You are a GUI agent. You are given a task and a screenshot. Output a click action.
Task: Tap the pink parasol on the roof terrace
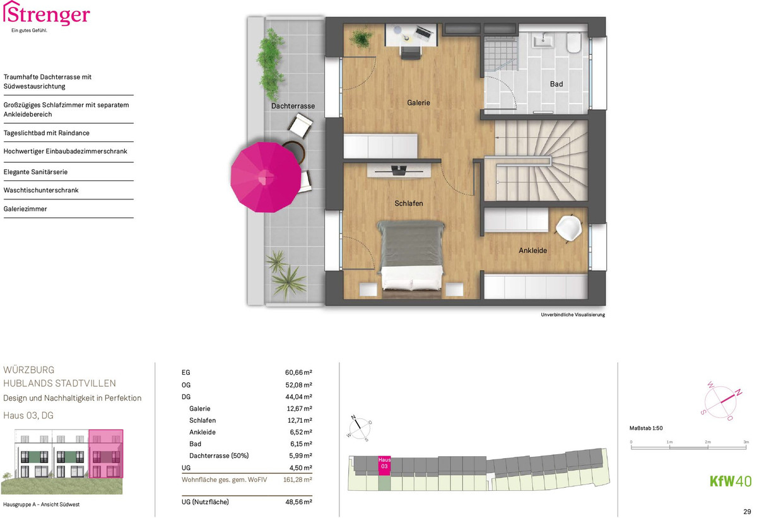click(266, 177)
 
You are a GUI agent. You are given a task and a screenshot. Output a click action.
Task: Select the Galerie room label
click(418, 103)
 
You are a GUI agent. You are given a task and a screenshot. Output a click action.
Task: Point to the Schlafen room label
click(409, 203)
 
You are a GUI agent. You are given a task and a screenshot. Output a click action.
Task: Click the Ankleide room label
click(532, 250)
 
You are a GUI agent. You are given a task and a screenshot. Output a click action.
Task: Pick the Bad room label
click(556, 84)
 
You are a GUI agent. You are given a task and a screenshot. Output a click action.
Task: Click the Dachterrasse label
click(293, 106)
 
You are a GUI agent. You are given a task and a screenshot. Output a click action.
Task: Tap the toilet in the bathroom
click(573, 42)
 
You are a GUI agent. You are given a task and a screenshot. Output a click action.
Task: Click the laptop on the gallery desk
click(424, 32)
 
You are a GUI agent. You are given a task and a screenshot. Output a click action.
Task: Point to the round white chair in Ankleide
click(569, 228)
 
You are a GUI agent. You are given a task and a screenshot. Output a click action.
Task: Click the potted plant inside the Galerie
click(361, 38)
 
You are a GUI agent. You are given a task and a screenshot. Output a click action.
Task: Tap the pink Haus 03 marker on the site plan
click(384, 466)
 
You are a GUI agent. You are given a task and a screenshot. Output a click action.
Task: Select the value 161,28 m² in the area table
click(297, 480)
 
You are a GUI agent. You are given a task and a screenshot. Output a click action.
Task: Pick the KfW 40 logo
click(731, 481)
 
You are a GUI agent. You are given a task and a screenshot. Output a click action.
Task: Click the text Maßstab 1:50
click(646, 428)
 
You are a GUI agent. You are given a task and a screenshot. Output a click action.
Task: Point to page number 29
click(747, 512)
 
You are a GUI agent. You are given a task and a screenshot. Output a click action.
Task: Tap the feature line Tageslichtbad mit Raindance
click(46, 133)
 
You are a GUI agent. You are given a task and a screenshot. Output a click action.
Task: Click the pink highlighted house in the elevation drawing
click(106, 454)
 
